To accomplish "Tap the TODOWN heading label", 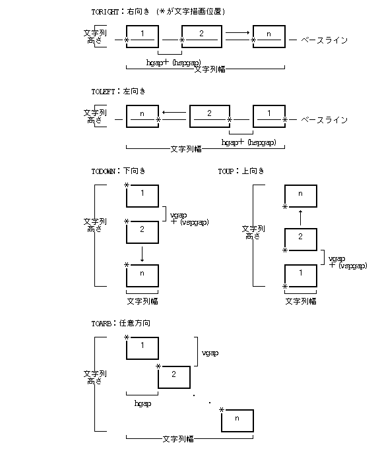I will [x=104, y=171].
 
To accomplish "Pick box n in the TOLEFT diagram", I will [x=142, y=115].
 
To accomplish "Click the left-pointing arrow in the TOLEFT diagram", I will [x=174, y=113].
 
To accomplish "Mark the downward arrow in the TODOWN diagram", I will [x=142, y=253].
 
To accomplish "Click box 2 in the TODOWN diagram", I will [x=142, y=233].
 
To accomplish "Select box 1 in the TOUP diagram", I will [x=300, y=274].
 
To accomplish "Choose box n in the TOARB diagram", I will [x=237, y=420].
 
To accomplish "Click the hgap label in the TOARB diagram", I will [x=142, y=403].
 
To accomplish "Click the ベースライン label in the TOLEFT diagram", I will [x=323, y=121].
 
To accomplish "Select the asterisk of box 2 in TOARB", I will [x=158, y=366].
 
